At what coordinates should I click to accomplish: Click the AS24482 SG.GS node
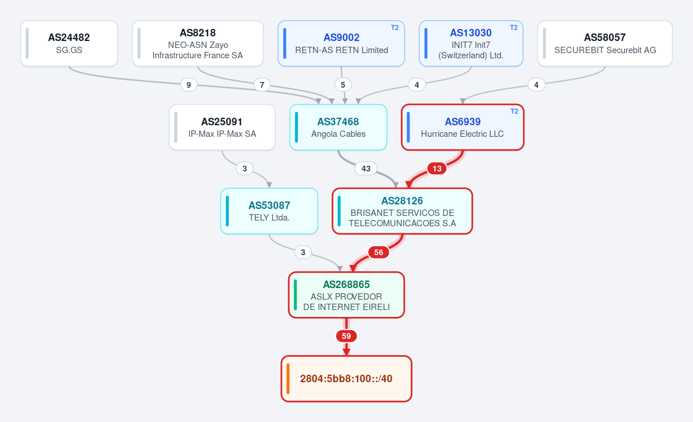69,43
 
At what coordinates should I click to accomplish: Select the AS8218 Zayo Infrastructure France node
198,43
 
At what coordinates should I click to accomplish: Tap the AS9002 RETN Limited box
341,43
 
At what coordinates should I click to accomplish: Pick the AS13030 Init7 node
471,43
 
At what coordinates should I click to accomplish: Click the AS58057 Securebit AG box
605,43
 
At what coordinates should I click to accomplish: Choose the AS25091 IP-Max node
222,127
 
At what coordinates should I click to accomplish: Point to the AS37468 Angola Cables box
338,127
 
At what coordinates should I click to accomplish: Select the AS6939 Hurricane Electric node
463,127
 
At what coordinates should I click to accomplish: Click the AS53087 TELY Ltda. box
269,211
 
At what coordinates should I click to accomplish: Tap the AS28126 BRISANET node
402,211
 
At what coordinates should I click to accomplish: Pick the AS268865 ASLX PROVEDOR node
346,294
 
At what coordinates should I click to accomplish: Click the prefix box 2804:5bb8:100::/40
346,378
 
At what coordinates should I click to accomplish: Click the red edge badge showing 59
346,336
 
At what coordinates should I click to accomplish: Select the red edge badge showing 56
378,252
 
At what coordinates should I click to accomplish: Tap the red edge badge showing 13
437,169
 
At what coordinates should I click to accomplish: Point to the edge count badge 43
366,169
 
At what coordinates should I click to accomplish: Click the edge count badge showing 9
189,85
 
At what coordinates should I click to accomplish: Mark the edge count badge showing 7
262,85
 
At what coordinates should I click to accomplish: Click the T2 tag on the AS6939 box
514,111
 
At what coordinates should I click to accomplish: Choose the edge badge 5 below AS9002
343,85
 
